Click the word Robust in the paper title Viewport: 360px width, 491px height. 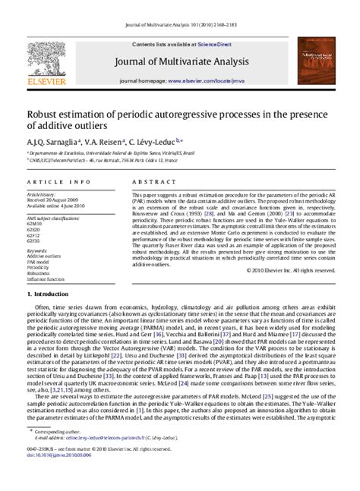click(x=46, y=115)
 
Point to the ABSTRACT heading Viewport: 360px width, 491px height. click(x=149, y=183)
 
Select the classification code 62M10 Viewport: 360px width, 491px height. click(x=34, y=225)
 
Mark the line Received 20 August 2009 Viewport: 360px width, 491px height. click(x=54, y=200)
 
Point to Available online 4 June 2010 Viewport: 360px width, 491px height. click(x=58, y=205)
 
